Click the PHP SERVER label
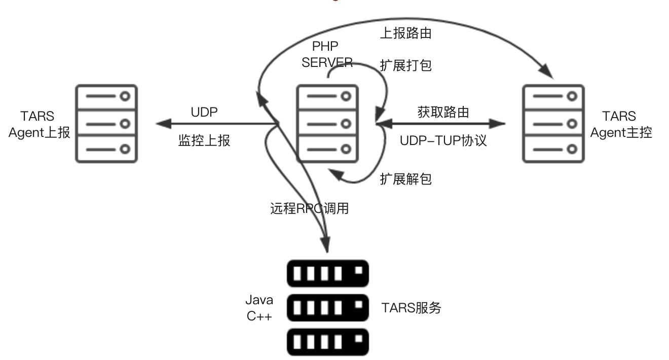(327, 54)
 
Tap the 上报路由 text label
(406, 33)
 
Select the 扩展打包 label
(406, 65)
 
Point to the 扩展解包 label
(406, 178)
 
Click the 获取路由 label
(443, 112)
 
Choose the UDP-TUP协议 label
(443, 140)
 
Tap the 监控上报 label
(204, 140)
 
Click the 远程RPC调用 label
(310, 208)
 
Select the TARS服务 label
(411, 307)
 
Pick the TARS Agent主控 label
(621, 124)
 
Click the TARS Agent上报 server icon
(106, 123)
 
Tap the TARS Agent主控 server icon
(553, 123)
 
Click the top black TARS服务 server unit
(327, 274)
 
